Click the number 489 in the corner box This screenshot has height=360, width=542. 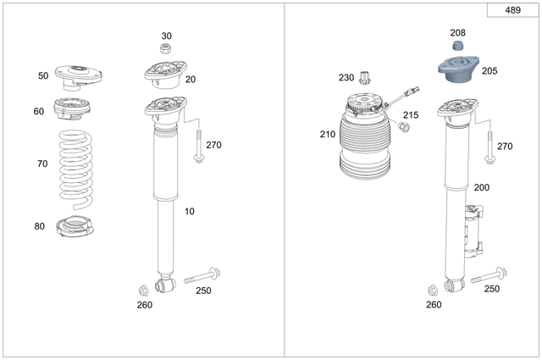(x=512, y=11)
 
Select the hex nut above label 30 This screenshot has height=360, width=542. (x=167, y=48)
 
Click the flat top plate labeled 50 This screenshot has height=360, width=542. (x=78, y=75)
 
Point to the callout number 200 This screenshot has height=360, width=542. (x=481, y=187)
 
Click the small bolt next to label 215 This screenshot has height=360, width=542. (x=402, y=126)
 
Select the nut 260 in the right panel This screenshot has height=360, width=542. (x=434, y=288)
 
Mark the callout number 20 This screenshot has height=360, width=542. (x=191, y=79)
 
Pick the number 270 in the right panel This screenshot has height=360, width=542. (x=505, y=146)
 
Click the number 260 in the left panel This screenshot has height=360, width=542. (x=145, y=305)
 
